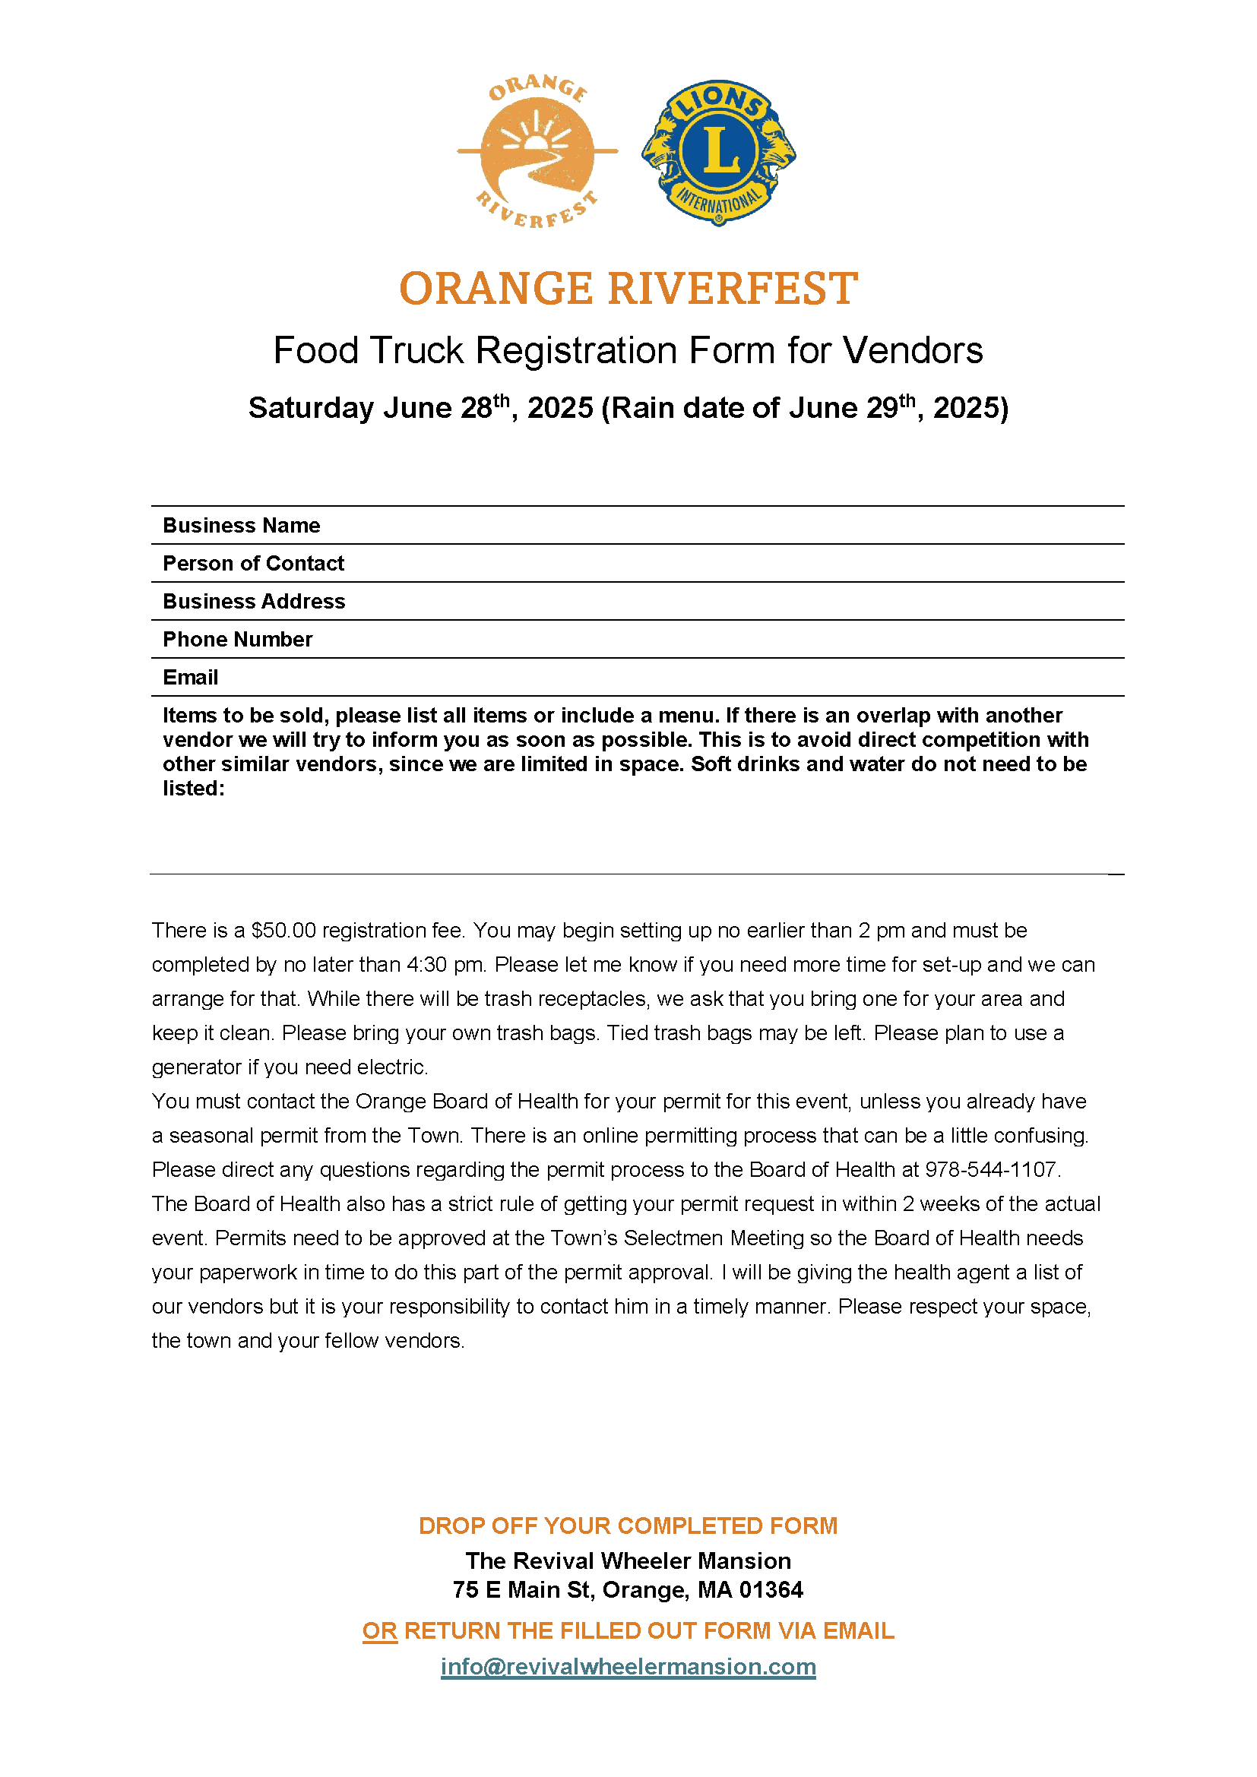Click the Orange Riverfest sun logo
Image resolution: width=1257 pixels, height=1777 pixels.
tap(537, 152)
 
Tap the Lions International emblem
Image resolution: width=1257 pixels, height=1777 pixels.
tap(718, 153)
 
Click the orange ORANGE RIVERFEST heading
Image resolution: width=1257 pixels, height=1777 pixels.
tap(628, 289)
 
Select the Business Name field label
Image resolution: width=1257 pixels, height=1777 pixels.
tap(241, 526)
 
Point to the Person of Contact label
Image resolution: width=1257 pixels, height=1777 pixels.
tap(253, 564)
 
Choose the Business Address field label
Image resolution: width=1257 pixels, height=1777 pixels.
tap(254, 602)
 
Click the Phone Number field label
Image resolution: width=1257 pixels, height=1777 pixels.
tap(238, 639)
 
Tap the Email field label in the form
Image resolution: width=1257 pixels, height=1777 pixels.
tap(191, 677)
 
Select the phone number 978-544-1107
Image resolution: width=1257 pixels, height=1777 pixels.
tap(991, 1169)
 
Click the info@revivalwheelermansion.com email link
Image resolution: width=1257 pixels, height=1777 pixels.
tap(628, 1666)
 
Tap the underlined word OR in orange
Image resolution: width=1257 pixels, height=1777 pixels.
tap(379, 1630)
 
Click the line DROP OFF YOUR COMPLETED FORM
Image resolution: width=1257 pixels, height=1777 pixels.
tap(628, 1526)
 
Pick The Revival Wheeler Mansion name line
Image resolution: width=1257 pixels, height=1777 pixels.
tap(628, 1560)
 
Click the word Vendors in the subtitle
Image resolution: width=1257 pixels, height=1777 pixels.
tap(913, 350)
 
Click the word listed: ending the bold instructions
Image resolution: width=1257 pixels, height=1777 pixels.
tap(194, 789)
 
